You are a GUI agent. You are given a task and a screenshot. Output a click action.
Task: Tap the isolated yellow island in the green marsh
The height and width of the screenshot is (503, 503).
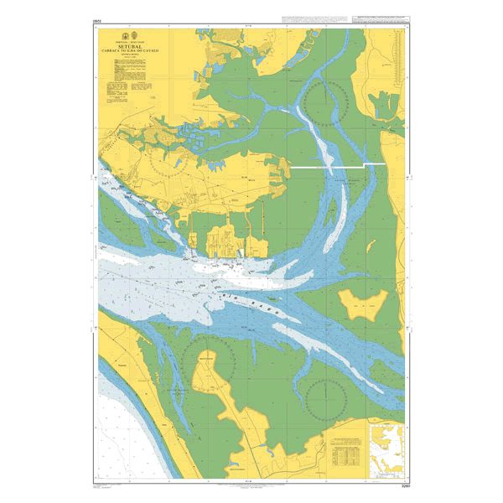coord(362,303)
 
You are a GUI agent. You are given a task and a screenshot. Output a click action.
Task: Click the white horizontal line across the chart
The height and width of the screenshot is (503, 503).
coord(335,168)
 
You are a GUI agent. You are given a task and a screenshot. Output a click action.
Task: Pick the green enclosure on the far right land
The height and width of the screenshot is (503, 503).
coord(385,105)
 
